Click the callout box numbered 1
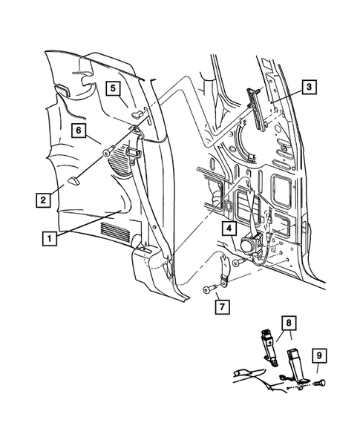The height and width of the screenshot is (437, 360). click(48, 238)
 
